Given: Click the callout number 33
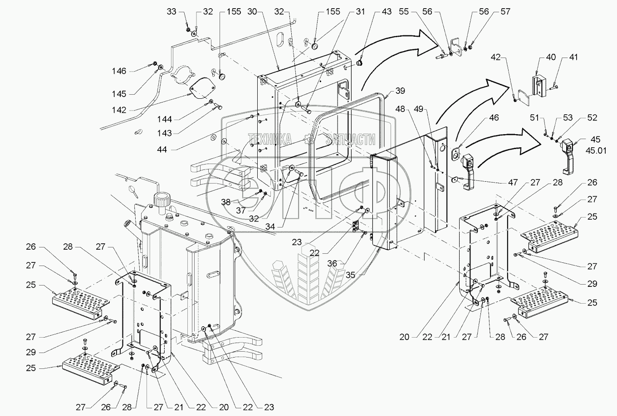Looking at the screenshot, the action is tap(171, 12).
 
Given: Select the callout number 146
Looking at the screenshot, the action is tap(119, 71).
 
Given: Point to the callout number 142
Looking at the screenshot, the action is tap(119, 110).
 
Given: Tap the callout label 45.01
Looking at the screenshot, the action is tap(596, 151).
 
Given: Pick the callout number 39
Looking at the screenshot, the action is tap(400, 91).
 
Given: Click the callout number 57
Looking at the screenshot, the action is tap(505, 12).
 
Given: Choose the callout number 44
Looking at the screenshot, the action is tap(162, 150).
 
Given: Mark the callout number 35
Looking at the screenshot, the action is tap(350, 275).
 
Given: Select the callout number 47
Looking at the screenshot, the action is tap(513, 182).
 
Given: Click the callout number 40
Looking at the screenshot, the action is tap(551, 57).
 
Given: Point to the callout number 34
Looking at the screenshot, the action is tap(270, 227).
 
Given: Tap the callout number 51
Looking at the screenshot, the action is tap(534, 118).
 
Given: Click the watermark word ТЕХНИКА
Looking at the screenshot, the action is tap(270, 139).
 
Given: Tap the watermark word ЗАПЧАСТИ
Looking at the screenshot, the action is tap(350, 139).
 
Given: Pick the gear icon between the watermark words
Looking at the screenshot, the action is tap(309, 139).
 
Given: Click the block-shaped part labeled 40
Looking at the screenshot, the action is tap(539, 86).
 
